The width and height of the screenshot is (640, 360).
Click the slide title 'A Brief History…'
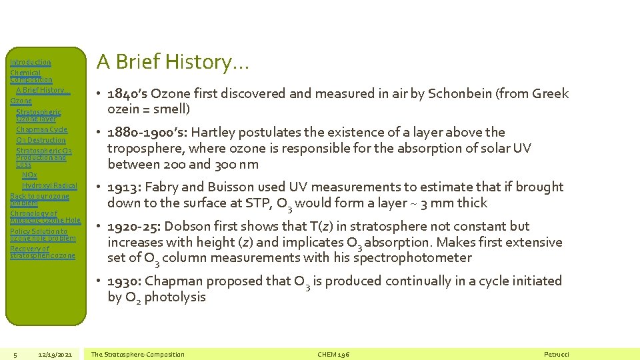point(173,62)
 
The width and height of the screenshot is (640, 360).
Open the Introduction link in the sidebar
point(31,62)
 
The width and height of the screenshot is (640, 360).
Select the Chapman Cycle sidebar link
point(41,129)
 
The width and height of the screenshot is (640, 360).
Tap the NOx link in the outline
point(29,175)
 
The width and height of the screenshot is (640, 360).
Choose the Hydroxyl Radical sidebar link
point(49,185)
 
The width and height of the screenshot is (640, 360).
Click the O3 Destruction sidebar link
point(41,140)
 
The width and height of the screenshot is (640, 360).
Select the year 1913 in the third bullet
point(124,187)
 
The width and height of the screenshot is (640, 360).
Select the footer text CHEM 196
point(334,354)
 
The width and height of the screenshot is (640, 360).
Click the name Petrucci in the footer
point(557,354)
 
